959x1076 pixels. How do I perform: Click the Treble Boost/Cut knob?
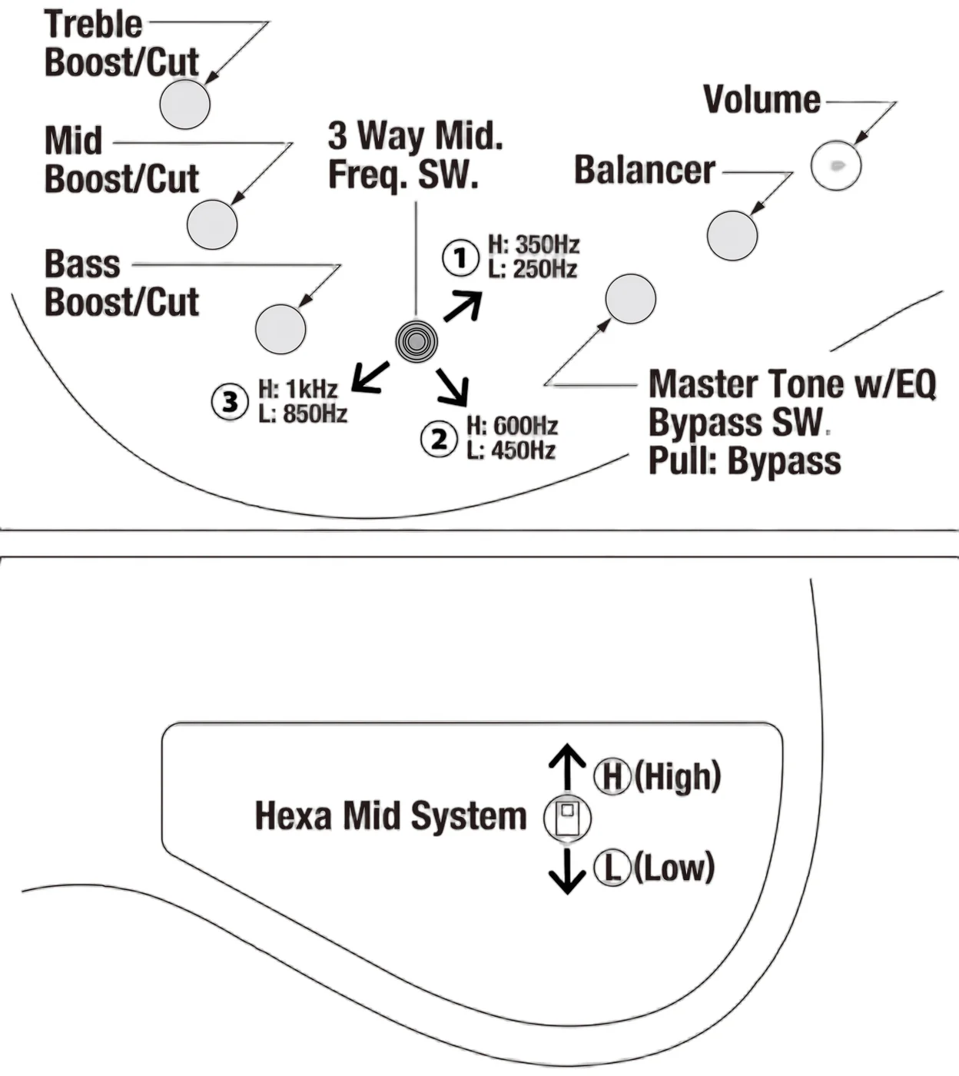coord(184,104)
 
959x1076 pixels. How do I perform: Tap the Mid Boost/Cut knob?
coord(212,224)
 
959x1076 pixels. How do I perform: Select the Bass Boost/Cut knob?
coord(280,329)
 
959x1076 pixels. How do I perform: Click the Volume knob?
coord(836,166)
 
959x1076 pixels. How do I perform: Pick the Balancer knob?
coord(732,236)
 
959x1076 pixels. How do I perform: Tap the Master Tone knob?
coord(630,299)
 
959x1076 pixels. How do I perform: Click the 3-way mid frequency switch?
coord(416,342)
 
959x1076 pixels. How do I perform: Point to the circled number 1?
coord(460,258)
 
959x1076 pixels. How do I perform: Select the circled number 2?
coord(439,439)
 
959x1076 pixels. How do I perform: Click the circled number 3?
coord(230,401)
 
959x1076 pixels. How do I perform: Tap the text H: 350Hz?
coord(533,245)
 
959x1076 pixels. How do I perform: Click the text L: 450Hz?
coord(511,450)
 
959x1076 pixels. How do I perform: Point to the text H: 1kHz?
coord(298,390)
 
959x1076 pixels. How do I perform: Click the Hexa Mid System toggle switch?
coord(567,819)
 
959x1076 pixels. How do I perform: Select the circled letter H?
coord(612,776)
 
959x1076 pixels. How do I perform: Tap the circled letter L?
coord(612,867)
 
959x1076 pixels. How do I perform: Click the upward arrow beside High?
coord(567,766)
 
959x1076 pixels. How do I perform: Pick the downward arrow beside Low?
coord(567,872)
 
